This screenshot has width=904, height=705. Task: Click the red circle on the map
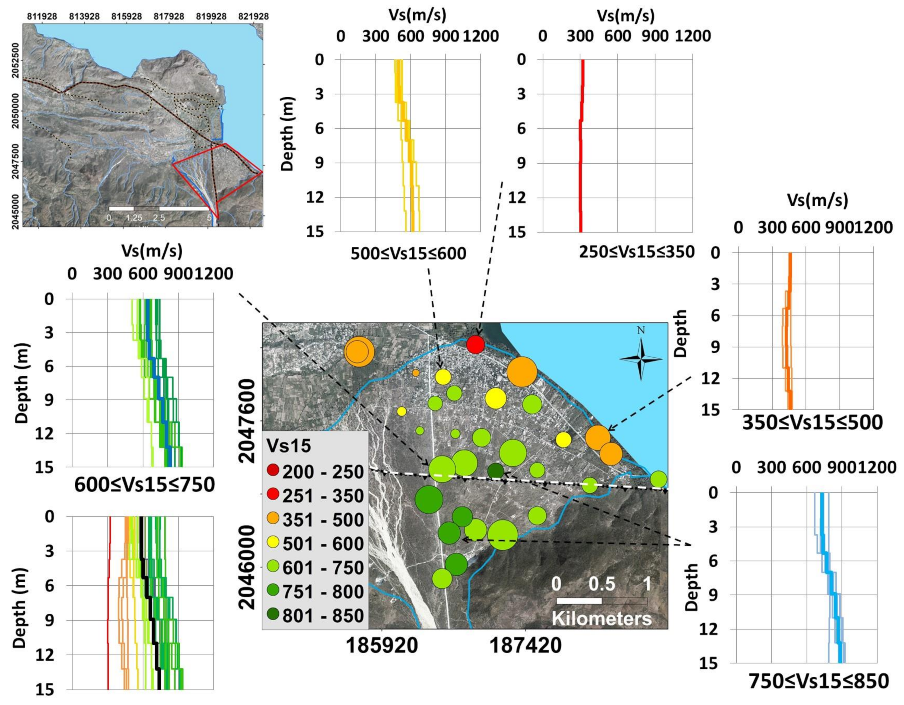(475, 344)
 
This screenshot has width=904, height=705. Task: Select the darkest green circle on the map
(496, 471)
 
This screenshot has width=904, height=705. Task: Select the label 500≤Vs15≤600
(408, 253)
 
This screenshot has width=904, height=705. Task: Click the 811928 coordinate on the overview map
(42, 16)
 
